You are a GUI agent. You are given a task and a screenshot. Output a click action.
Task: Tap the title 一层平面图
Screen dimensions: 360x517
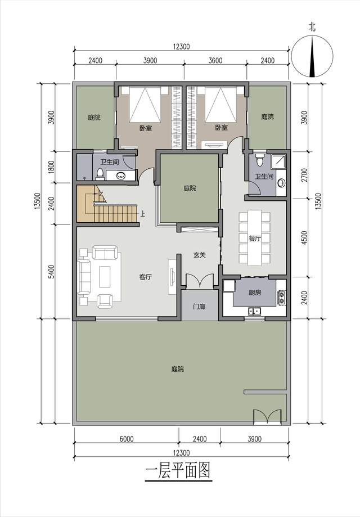point(178,470)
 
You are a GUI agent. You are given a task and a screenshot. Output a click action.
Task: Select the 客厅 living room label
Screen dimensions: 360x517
point(145,277)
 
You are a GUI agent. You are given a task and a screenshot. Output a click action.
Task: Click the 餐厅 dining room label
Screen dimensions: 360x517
point(254,239)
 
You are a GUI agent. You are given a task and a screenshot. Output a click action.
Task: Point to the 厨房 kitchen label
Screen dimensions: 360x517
point(255,292)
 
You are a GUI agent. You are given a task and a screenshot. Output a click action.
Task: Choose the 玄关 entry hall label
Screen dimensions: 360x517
point(200,255)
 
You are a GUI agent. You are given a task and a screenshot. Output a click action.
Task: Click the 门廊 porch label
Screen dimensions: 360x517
point(200,306)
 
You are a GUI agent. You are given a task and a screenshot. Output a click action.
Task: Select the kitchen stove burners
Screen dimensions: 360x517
point(282,298)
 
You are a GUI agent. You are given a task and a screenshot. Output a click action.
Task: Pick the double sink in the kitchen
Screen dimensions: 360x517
point(254,311)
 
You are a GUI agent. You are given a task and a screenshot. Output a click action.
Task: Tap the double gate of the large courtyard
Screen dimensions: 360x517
point(267,416)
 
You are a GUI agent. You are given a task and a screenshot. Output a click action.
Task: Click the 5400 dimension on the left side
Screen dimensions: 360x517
point(51,272)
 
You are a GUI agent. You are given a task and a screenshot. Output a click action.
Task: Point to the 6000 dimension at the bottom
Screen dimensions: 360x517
point(126,439)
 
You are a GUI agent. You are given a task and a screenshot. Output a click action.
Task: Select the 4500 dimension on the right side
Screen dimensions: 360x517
point(304,237)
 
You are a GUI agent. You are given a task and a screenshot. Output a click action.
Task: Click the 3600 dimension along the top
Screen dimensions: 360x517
point(215,60)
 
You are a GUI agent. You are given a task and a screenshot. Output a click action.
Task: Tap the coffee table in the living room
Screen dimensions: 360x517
point(105,276)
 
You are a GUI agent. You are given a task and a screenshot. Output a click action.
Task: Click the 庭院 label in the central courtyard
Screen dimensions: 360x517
point(190,188)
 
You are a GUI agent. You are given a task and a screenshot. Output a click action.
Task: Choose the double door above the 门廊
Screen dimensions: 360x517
point(200,281)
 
